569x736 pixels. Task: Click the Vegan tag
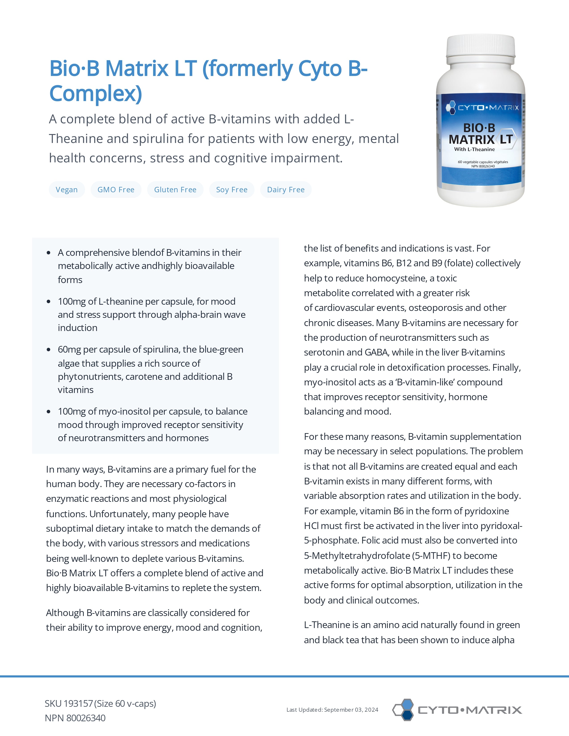click(x=67, y=190)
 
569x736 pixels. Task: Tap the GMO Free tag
click(x=116, y=190)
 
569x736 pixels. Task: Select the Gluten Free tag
click(x=175, y=190)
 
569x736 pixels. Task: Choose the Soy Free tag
click(x=232, y=190)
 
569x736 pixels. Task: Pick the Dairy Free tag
click(x=286, y=190)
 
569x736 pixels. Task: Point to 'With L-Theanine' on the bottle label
click(x=474, y=149)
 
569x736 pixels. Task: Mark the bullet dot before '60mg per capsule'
click(x=49, y=350)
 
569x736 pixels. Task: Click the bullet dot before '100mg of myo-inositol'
click(x=49, y=411)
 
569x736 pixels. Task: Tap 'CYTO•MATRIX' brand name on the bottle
click(x=488, y=108)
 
